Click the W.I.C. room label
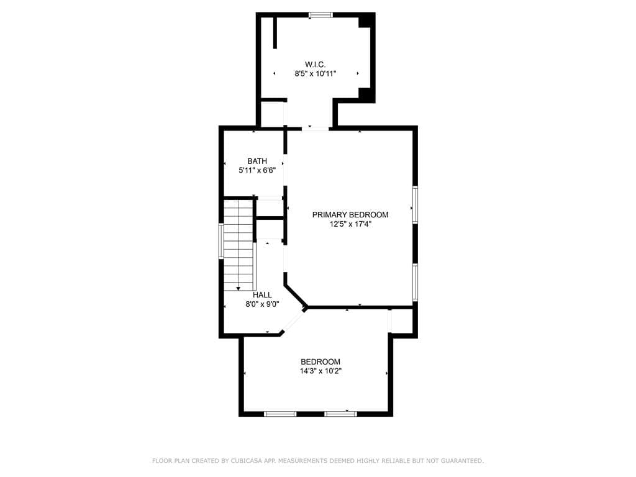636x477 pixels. (315, 64)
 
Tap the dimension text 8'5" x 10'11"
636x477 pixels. (315, 73)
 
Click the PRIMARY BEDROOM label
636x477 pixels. (350, 215)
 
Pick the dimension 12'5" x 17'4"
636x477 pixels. (350, 224)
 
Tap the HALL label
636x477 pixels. (262, 295)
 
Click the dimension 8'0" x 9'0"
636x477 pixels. (262, 304)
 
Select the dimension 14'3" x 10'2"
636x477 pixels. (320, 371)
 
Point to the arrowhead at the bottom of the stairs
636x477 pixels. (238, 288)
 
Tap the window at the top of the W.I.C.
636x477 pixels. (320, 15)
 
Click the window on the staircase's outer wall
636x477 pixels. (220, 241)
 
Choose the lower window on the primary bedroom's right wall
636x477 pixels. (415, 283)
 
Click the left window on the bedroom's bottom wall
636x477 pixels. (280, 413)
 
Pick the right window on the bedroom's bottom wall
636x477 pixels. (340, 413)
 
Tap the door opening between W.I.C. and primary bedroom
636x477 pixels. (316, 129)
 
